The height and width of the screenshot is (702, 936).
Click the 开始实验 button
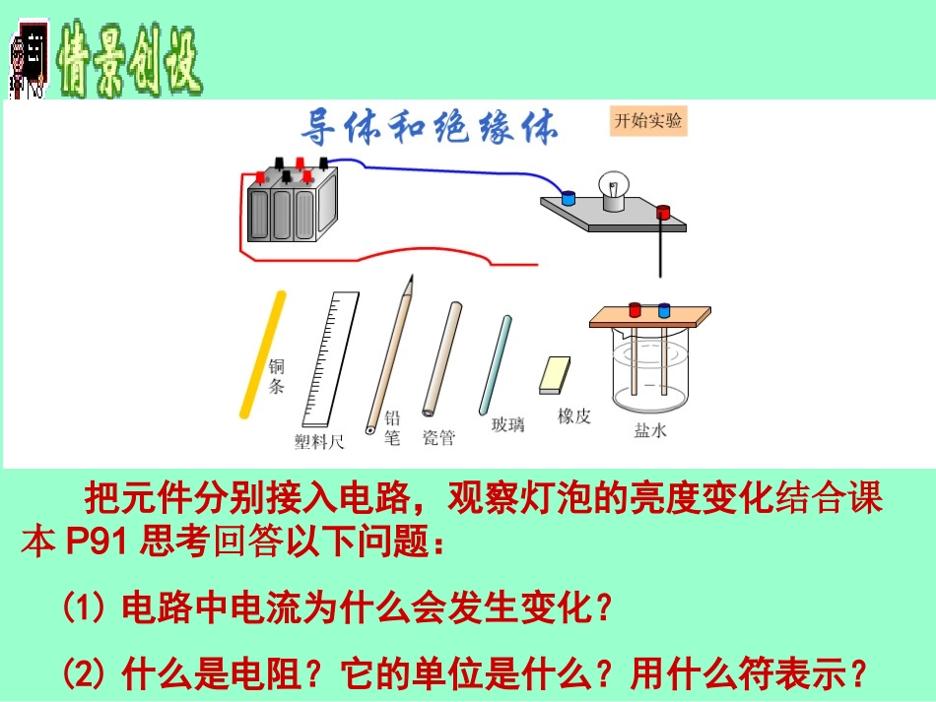tap(647, 121)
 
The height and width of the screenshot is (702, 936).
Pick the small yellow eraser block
tap(555, 373)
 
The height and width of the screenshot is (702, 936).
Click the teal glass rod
tap(495, 364)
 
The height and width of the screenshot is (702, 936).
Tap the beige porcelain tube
tap(440, 359)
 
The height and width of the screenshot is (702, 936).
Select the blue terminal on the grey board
tap(568, 197)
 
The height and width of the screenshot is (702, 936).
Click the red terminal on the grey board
tap(663, 212)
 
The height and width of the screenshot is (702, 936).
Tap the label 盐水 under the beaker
tap(650, 430)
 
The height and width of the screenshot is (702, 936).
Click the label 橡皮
tap(573, 415)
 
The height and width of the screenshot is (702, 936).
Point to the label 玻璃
tap(507, 424)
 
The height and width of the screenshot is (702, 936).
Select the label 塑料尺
tap(319, 442)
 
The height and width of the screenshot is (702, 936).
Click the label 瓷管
tap(438, 437)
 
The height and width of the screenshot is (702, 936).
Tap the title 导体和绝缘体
tap(429, 127)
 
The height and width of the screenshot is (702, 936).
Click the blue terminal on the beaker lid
tap(664, 310)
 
